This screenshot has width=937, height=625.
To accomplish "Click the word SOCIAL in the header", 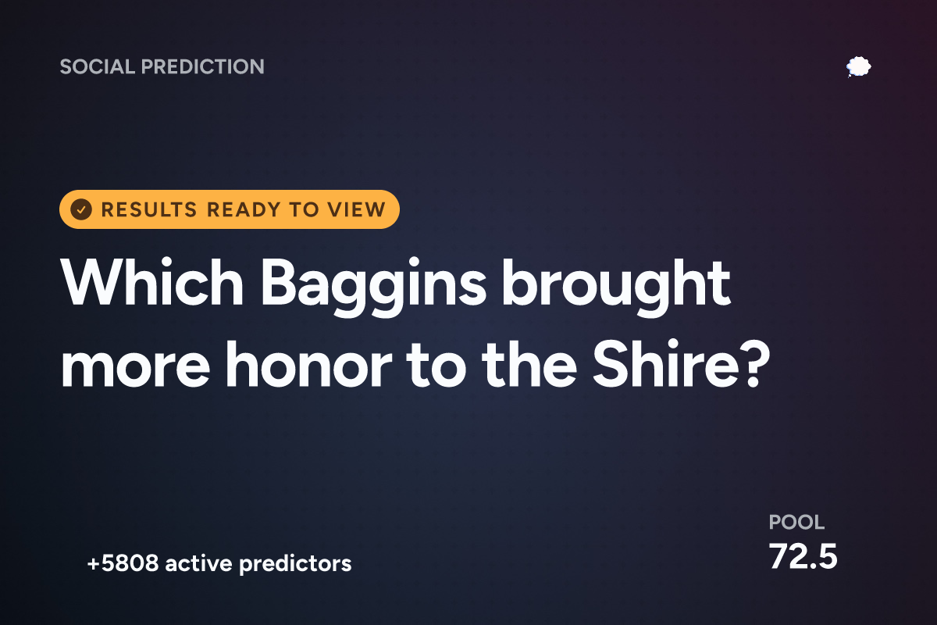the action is [x=98, y=66].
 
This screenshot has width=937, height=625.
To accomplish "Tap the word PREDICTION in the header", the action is [x=203, y=66].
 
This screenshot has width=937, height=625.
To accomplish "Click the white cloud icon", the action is [x=858, y=67].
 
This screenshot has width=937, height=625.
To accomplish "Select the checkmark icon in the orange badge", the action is [x=81, y=209].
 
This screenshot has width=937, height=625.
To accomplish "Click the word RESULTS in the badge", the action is [x=149, y=209].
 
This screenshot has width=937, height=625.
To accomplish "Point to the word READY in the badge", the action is [x=244, y=209].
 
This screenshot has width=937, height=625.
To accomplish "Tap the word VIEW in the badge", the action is [x=356, y=209].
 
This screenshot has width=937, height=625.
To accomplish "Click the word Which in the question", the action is [x=152, y=283].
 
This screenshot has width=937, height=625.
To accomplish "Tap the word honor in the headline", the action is [x=308, y=364].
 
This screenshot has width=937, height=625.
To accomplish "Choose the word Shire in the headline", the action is [x=666, y=364].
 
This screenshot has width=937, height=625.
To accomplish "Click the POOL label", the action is [x=796, y=522].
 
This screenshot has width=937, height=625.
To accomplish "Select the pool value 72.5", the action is [x=803, y=556].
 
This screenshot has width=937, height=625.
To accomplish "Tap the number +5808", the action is [x=123, y=563].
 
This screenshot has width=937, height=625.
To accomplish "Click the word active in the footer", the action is [x=198, y=563].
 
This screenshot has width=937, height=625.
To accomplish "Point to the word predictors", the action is [x=295, y=564].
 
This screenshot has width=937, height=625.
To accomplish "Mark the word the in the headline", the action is [x=529, y=364].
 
